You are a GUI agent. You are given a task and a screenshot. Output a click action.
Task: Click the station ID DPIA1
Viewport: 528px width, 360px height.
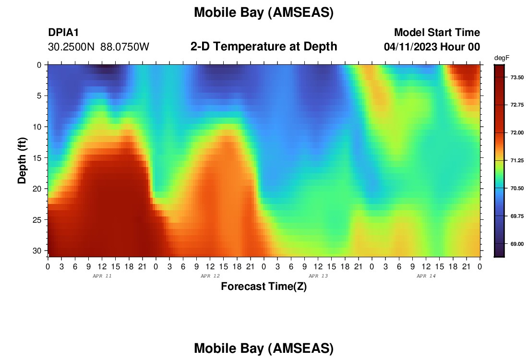point(63,32)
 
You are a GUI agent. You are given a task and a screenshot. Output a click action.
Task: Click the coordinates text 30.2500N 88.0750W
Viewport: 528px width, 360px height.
point(98,47)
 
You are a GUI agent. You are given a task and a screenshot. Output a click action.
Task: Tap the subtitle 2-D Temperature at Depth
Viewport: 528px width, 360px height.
point(264,47)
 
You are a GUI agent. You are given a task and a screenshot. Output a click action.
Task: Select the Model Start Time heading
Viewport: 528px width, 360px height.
point(437,32)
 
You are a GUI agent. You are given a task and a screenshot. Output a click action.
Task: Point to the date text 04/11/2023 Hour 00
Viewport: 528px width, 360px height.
point(432,47)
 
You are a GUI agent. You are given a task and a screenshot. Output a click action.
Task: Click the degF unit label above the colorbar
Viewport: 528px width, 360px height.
point(502,58)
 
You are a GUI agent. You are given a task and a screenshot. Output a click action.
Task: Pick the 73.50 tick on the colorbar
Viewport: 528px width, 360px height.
point(517,77)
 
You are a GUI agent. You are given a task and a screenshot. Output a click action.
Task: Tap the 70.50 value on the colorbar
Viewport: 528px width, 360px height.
point(517,188)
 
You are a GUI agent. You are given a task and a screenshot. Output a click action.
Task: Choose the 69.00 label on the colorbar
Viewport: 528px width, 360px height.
point(517,244)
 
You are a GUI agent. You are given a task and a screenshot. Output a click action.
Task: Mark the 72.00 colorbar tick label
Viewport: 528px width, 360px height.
point(517,132)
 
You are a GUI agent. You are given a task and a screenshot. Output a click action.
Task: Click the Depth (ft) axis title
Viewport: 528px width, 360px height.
point(22,161)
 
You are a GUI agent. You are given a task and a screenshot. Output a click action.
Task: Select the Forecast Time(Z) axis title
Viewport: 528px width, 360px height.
point(264,287)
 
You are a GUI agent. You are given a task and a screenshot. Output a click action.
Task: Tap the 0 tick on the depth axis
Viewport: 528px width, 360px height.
point(39,65)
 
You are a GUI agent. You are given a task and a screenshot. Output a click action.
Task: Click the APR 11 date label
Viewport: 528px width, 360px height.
point(102,276)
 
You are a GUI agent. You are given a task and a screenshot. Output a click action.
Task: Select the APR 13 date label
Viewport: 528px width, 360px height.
point(318,276)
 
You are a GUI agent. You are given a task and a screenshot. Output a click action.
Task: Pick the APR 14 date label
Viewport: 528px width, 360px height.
point(426,276)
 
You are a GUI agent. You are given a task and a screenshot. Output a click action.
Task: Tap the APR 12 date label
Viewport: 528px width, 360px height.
point(210,276)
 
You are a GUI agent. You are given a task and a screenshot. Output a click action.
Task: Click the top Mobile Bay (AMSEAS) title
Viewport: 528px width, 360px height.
point(264,13)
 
